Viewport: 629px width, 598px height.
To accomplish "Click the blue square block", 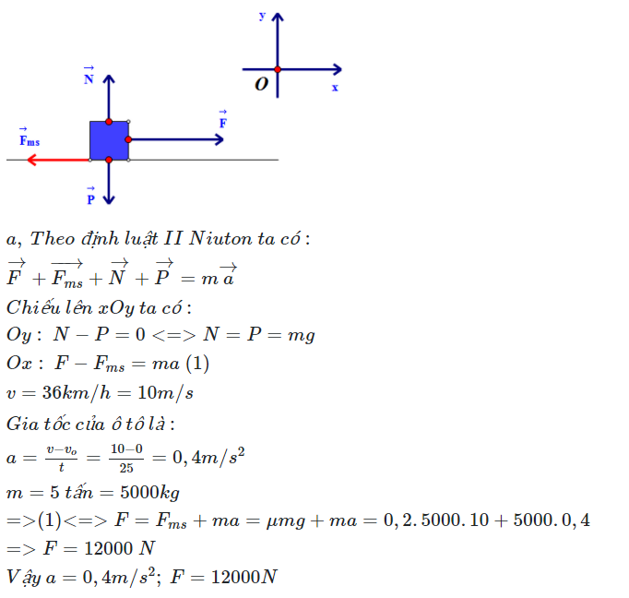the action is [x=109, y=140].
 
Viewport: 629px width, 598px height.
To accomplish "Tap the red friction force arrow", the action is [x=59, y=161].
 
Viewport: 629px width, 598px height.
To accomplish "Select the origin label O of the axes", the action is [x=262, y=84].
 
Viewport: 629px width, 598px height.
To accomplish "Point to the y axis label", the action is [x=262, y=16].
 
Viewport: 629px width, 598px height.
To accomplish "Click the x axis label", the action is [x=335, y=88].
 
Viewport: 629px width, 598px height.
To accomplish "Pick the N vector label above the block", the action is [x=89, y=76].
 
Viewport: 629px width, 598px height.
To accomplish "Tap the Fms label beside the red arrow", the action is [x=30, y=138].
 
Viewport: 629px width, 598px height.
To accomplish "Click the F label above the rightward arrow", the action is [x=223, y=119].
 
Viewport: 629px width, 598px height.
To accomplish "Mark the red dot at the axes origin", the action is [x=278, y=69].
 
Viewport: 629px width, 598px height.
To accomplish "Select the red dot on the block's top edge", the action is [x=109, y=122].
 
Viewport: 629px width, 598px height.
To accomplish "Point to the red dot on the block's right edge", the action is [x=128, y=139].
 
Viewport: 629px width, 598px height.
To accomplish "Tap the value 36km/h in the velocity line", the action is [x=77, y=392].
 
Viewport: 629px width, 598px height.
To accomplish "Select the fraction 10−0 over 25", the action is [x=126, y=458].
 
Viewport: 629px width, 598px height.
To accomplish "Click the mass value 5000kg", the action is [x=149, y=493].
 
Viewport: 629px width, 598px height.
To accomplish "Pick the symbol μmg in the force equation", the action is [x=286, y=520].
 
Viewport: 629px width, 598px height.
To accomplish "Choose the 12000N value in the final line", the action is [x=243, y=577].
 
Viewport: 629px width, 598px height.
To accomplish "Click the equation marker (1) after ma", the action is [x=197, y=364].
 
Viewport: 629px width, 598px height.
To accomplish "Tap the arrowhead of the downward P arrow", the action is [x=109, y=200].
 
